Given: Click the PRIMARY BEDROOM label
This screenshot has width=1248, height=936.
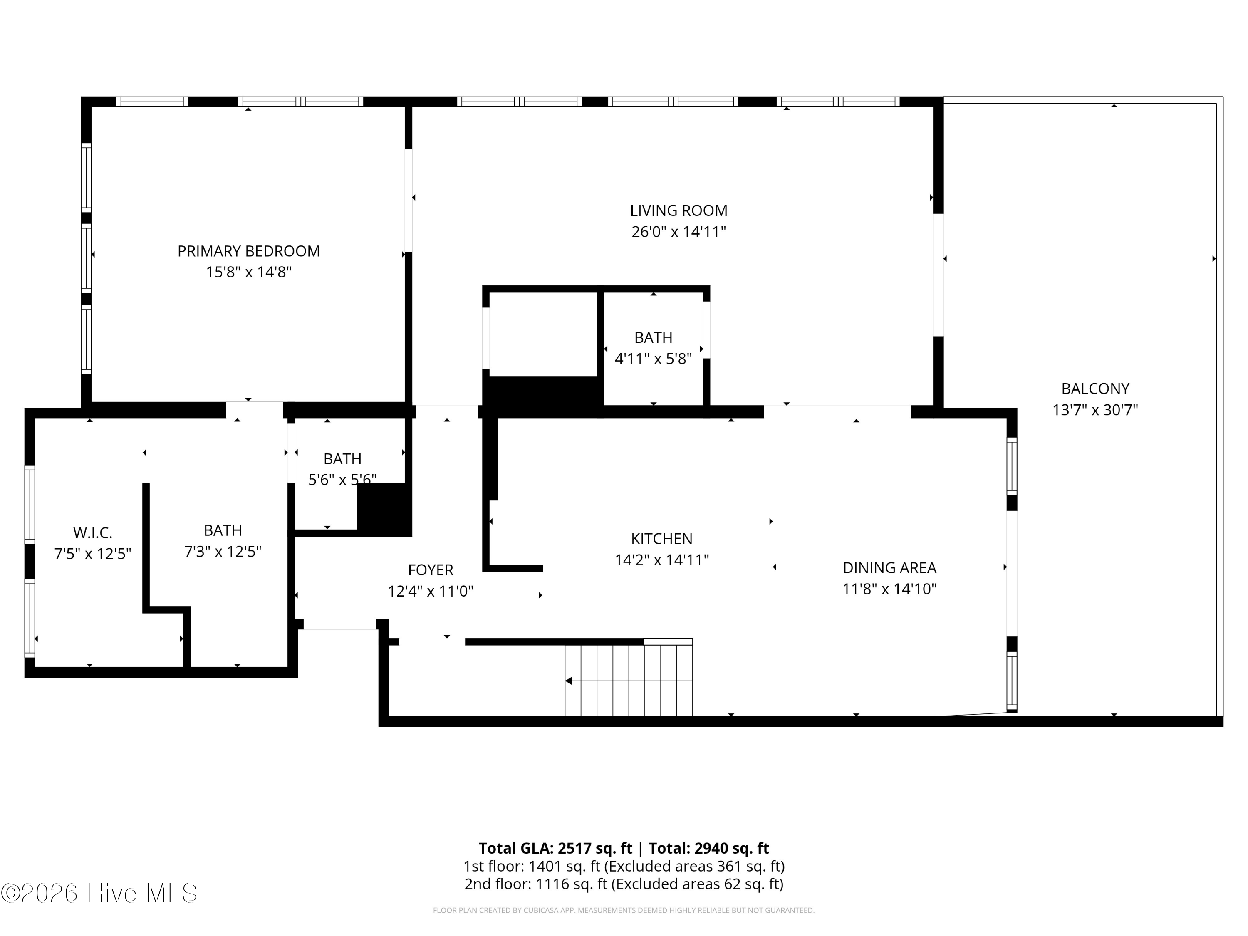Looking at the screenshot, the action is [249, 251].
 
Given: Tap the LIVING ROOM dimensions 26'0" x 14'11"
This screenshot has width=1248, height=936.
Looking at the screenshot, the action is [679, 232].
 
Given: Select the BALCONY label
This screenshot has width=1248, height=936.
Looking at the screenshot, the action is [1095, 389].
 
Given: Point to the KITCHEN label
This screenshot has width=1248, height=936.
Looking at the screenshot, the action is [662, 539].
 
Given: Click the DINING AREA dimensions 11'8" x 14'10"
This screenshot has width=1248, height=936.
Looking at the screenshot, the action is [890, 589].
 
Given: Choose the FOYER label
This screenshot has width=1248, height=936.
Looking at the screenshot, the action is [431, 570].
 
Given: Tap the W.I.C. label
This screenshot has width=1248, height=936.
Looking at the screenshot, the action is [92, 532].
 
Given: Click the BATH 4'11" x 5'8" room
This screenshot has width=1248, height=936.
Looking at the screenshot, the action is [654, 348].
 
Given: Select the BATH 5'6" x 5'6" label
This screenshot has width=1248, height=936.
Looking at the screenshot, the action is [342, 459].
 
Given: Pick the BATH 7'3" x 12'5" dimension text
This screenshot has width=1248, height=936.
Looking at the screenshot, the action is [223, 551].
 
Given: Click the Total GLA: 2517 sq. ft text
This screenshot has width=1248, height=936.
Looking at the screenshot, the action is [556, 848].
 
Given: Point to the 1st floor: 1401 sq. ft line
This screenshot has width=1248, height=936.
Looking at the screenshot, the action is [624, 866].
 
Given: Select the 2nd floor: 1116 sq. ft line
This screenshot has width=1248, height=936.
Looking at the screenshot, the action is [624, 884].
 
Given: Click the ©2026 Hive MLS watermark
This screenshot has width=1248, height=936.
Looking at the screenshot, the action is [99, 893].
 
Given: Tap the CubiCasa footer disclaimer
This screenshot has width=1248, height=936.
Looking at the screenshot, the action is [624, 910].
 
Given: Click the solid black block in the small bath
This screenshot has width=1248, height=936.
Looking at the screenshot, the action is [384, 510].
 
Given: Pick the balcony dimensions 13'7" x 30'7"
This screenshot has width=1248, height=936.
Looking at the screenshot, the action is [1095, 410].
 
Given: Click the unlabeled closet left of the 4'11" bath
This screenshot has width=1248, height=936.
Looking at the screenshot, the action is [543, 334].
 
